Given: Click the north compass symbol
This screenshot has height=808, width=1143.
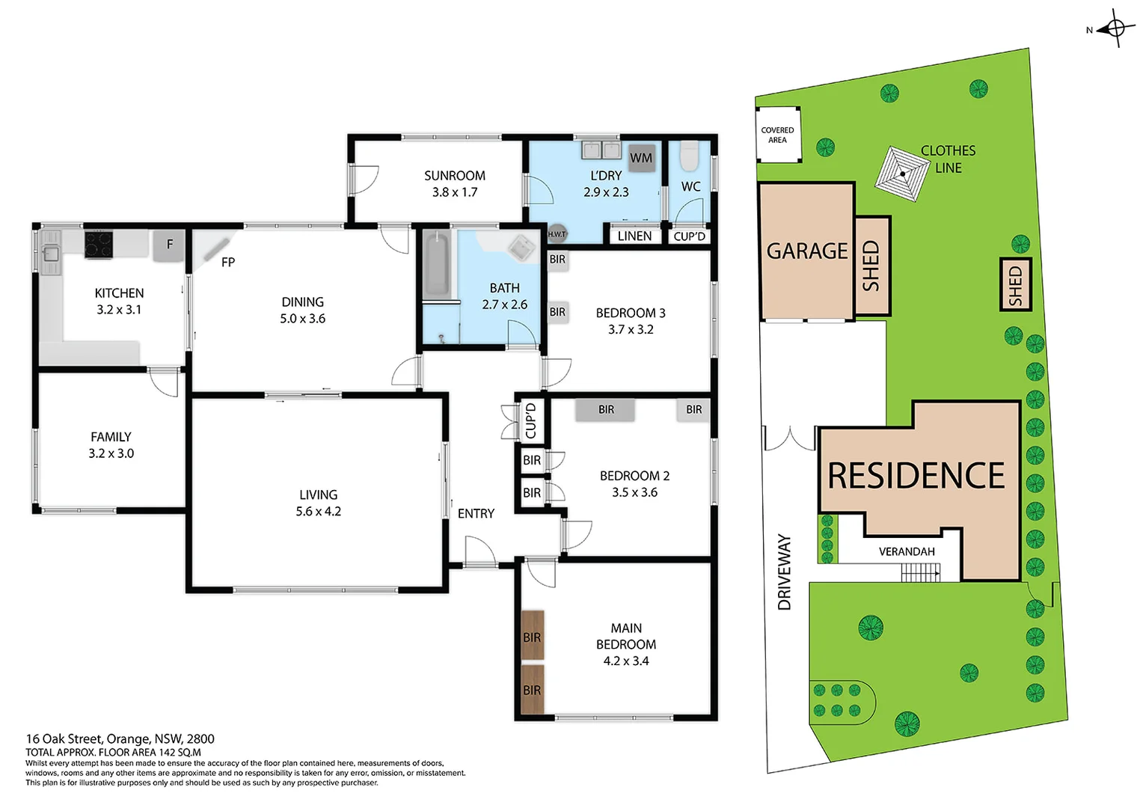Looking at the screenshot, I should click(1115, 28).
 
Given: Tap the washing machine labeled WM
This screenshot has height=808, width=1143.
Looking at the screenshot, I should click(641, 158).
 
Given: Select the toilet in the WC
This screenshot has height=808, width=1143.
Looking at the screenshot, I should click(689, 156).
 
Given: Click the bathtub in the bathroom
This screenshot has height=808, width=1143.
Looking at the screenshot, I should click(436, 266).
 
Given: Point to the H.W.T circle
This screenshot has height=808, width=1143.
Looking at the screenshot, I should click(557, 233).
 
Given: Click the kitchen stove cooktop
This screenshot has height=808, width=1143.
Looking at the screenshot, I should click(98, 245).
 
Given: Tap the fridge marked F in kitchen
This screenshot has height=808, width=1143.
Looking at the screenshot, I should click(169, 245).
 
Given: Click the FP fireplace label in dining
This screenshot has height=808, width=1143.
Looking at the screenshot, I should click(228, 262).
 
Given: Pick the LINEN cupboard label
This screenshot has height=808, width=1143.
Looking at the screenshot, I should click(634, 236).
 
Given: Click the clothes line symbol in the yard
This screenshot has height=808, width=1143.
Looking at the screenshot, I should click(902, 174).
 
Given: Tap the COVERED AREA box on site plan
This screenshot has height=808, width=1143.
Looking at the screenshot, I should click(778, 135).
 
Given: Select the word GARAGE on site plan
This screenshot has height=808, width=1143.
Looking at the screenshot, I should click(806, 251).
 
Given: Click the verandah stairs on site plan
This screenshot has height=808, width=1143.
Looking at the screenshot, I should click(920, 573).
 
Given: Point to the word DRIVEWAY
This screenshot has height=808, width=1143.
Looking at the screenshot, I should click(784, 572).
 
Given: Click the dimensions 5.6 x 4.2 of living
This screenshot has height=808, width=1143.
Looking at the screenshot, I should click(319, 512).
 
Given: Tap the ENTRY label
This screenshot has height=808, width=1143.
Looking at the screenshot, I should click(476, 513).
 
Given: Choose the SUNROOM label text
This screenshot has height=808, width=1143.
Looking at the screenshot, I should click(455, 176).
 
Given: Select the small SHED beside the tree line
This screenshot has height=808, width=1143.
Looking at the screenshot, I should click(1015, 284).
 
